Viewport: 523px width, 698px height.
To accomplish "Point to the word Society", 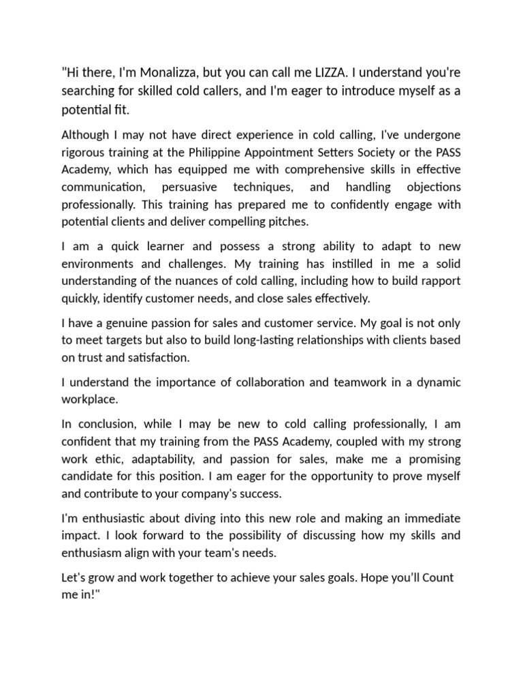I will (385, 152).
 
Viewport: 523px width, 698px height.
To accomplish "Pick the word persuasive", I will (187, 187).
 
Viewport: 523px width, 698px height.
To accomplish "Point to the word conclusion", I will (108, 423).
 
